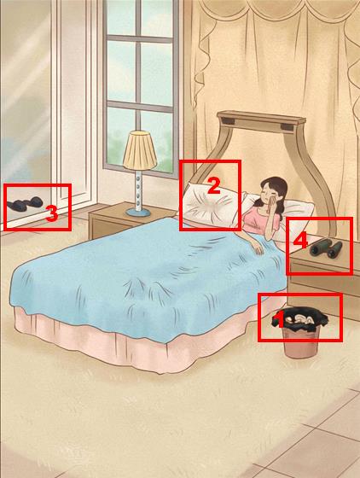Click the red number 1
tap(279, 319)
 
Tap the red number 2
tap(214, 186)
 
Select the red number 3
tap(52, 213)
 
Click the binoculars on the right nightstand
tap(326, 248)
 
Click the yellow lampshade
tap(140, 150)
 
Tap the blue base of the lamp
tap(138, 213)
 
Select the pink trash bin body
tap(300, 342)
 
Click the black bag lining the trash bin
tap(300, 323)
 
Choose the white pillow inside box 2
tap(212, 205)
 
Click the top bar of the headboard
tap(261, 119)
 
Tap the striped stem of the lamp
tap(139, 189)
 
